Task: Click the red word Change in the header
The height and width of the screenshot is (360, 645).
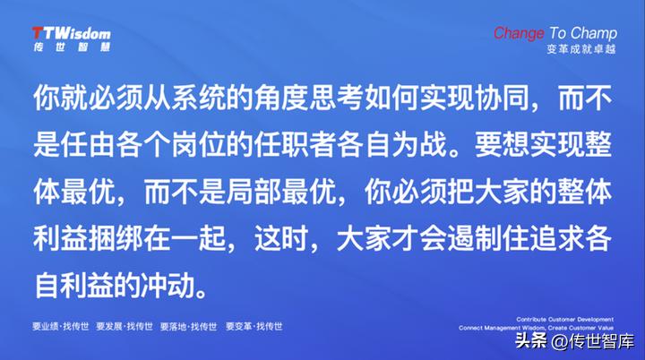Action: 518,33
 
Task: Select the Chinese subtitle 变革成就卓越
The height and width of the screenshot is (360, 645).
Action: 581,49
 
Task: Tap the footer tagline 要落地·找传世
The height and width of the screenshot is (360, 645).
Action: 190,327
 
